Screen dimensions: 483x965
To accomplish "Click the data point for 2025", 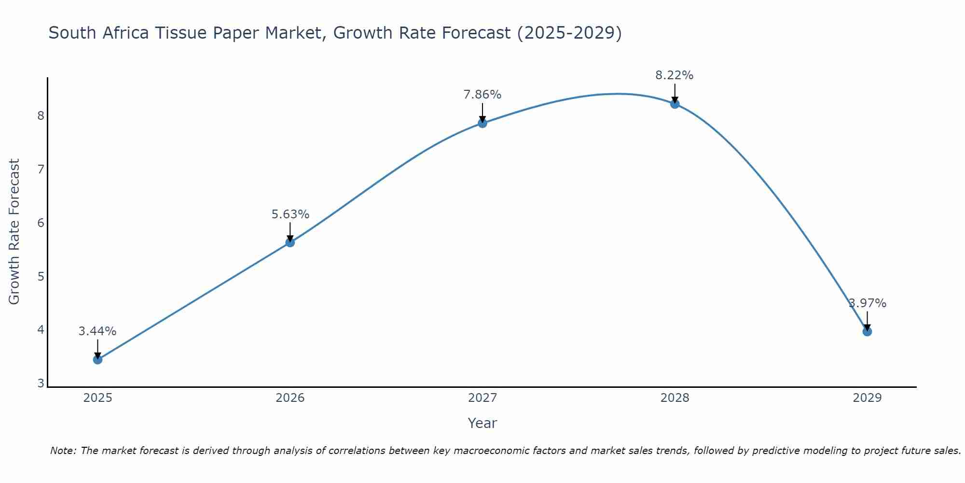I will coord(97,359).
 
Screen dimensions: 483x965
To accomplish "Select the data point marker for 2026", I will coord(290,242).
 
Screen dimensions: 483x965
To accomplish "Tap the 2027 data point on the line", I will coord(482,123).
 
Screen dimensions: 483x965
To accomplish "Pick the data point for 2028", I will coord(675,103).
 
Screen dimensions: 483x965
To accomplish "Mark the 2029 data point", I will coord(867,331).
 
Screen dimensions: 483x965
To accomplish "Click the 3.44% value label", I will coord(97,331).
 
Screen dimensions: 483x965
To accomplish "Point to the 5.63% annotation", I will coord(290,214).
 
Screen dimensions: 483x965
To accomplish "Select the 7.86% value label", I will coord(482,95).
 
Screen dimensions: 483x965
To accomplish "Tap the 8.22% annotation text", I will coord(674,75).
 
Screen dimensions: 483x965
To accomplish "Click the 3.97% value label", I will coord(868,303).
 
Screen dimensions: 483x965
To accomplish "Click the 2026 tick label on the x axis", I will coord(290,398).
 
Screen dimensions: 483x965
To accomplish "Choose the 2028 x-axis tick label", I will coord(675,398).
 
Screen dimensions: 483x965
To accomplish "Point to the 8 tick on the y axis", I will coord(41,115).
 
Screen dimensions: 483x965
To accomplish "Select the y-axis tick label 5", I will coord(41,276).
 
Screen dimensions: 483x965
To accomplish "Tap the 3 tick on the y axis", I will coord(41,384).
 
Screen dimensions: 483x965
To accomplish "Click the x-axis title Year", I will coord(482,423).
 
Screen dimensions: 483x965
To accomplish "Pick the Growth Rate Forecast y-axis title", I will coord(14,232).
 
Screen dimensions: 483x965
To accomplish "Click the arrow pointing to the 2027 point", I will coord(482,112).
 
